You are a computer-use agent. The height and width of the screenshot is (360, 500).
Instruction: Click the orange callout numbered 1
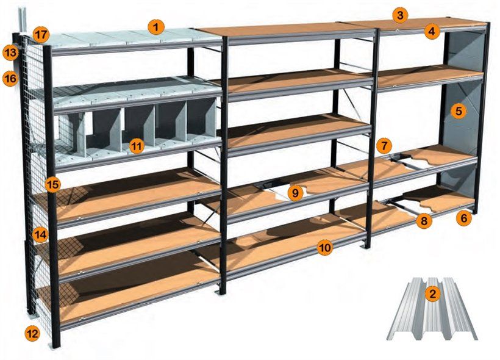[155, 27]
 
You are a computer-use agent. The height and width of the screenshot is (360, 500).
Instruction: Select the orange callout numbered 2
[432, 293]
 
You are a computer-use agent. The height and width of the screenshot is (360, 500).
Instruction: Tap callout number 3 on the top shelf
[400, 15]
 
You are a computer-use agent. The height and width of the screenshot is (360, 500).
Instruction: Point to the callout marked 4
[432, 32]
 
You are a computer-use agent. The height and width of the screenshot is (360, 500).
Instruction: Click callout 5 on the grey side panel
[459, 111]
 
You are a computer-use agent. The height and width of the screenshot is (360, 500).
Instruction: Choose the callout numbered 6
[463, 218]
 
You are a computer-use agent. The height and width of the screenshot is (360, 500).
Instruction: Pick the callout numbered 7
[384, 146]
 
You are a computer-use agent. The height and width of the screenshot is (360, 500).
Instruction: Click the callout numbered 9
[295, 193]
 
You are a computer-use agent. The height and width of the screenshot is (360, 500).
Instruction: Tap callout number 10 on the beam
[325, 247]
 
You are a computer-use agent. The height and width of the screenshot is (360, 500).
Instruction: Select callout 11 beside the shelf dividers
[137, 146]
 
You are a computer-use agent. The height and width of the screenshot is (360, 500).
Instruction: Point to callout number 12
[32, 334]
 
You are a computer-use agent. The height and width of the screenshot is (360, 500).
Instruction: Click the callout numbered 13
[10, 52]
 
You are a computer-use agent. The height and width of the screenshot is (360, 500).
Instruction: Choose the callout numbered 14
[40, 235]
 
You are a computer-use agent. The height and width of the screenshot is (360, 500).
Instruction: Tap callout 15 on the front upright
[52, 184]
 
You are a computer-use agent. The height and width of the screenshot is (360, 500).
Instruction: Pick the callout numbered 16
[10, 78]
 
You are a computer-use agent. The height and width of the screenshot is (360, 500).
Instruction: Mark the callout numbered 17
[41, 34]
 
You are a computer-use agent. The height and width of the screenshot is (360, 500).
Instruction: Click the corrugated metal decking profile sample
[432, 309]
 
